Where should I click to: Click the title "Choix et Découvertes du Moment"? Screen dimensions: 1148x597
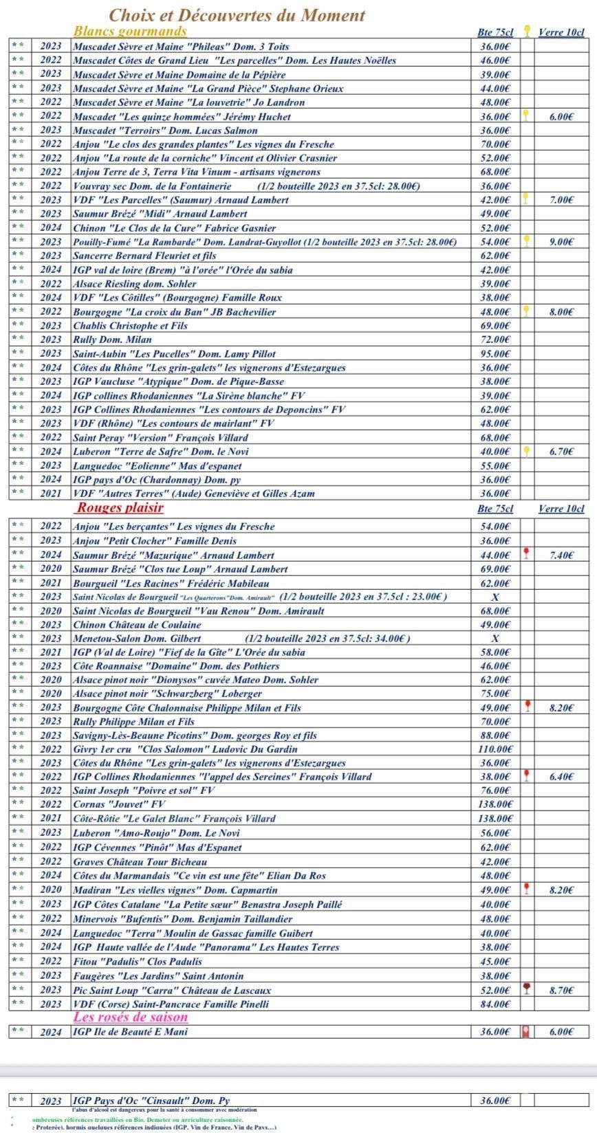coord(237,15)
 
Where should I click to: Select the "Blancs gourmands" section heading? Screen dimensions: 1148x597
coord(130,31)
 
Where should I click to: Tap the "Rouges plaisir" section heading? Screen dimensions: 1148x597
coord(120,508)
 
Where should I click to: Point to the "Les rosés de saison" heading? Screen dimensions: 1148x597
coord(131,1017)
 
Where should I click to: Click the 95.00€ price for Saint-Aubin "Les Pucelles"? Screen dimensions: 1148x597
coord(495,353)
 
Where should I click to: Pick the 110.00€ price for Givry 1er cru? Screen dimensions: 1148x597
coord(495,749)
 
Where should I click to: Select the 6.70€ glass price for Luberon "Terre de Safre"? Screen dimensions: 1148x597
coord(561,452)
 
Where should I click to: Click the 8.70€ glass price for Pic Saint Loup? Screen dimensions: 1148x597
coord(561,990)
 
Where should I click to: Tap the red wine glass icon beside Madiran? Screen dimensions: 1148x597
coord(527,889)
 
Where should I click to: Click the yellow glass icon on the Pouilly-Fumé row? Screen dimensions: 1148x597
coord(527,241)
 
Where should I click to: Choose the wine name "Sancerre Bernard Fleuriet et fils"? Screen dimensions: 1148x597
coord(144,256)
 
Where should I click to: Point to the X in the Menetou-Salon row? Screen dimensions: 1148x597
coord(495,639)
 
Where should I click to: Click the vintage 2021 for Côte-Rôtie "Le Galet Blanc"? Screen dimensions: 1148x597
coord(51,819)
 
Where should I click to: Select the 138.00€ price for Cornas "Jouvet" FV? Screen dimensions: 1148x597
coord(495,804)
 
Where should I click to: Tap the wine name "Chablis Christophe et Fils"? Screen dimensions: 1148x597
coord(130,326)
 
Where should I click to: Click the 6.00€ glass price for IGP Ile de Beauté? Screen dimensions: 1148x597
coord(561,1032)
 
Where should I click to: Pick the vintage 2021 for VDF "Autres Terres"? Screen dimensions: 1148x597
coord(51,494)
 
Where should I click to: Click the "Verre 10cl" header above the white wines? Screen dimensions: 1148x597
coord(561,32)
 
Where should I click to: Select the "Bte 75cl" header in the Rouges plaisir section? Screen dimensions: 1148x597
coord(495,509)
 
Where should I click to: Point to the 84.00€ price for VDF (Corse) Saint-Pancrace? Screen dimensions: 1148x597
coord(495,1004)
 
